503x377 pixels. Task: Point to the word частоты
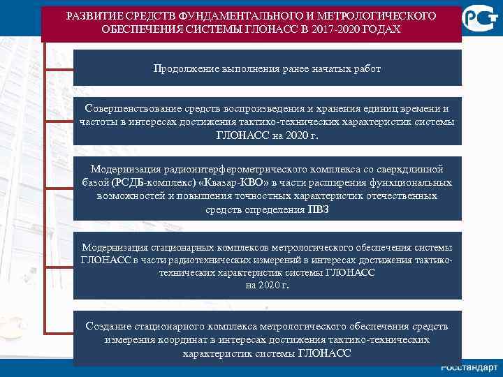tap(98, 122)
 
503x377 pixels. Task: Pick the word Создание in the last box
tap(108, 327)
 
